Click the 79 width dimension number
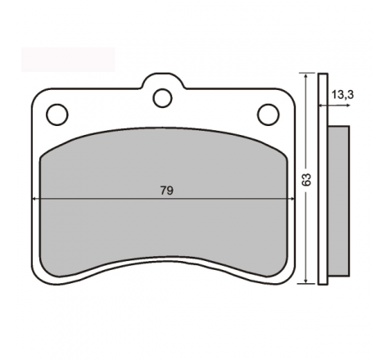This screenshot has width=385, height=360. [167, 191]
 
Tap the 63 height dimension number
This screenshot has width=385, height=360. [306, 180]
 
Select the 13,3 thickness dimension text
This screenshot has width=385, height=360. [342, 95]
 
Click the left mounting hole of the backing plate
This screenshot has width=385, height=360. [57, 115]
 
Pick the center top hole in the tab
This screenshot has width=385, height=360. [162, 98]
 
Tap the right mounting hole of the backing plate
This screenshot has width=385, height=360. [268, 115]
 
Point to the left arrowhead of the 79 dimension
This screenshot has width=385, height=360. [34, 199]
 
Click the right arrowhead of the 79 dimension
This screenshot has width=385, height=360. [292, 199]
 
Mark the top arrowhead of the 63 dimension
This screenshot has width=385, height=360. [306, 75]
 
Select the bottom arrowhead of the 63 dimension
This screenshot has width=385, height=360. [306, 281]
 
